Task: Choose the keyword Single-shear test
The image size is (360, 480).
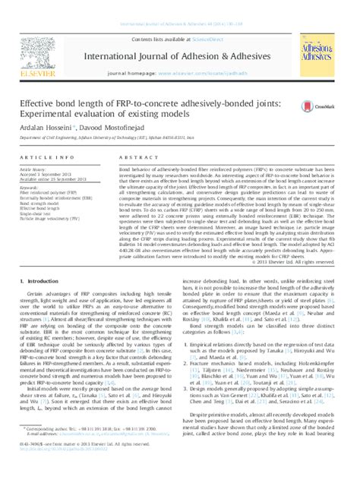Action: [35, 215]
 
